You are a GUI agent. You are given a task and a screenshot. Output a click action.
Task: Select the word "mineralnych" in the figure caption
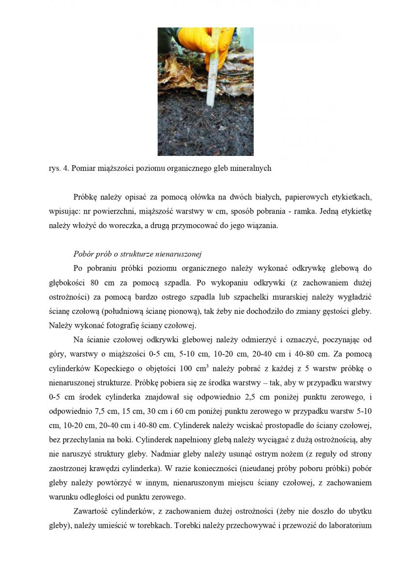252,168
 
